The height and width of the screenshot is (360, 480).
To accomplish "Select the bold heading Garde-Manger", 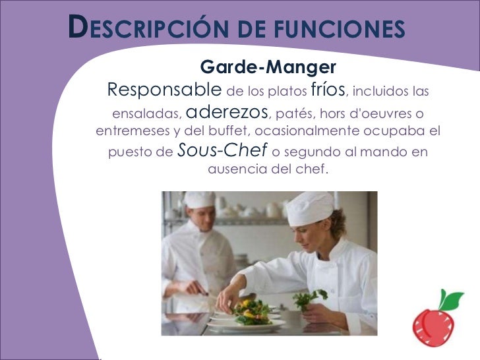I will click(268, 67).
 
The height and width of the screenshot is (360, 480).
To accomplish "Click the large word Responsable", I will click(164, 89).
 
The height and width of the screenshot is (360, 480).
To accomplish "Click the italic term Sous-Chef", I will click(222, 151).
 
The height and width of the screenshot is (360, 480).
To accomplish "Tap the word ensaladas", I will click(146, 111).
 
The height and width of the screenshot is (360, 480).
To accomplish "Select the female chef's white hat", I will click(309, 208).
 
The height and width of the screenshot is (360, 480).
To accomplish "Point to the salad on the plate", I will click(251, 311).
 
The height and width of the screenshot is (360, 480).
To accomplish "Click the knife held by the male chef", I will click(200, 291).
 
